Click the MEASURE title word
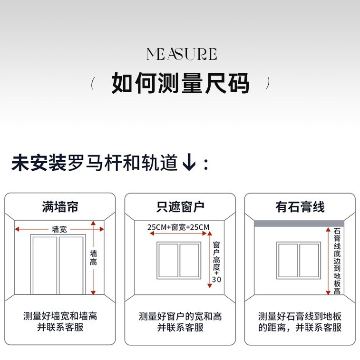(181, 54)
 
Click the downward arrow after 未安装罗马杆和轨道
(189, 164)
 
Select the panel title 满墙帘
(60, 207)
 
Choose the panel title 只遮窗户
(180, 207)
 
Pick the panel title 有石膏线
(300, 207)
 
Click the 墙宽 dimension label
(59, 229)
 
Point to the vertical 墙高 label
(94, 258)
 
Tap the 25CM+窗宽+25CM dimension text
(178, 227)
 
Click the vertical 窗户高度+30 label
(216, 262)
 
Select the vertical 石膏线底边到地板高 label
(337, 261)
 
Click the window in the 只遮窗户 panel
(179, 260)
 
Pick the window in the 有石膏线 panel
(299, 260)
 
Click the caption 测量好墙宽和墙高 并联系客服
(60, 322)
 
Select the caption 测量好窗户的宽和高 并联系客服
(180, 322)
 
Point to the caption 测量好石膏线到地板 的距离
(300, 322)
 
